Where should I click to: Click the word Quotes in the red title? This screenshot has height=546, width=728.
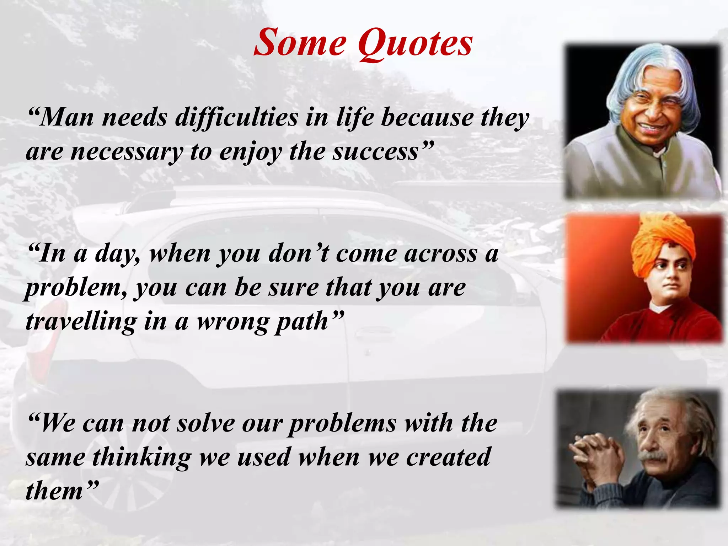[x=415, y=43]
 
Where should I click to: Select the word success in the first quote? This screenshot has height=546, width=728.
[x=375, y=151]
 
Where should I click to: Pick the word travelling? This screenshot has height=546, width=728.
[x=81, y=321]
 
